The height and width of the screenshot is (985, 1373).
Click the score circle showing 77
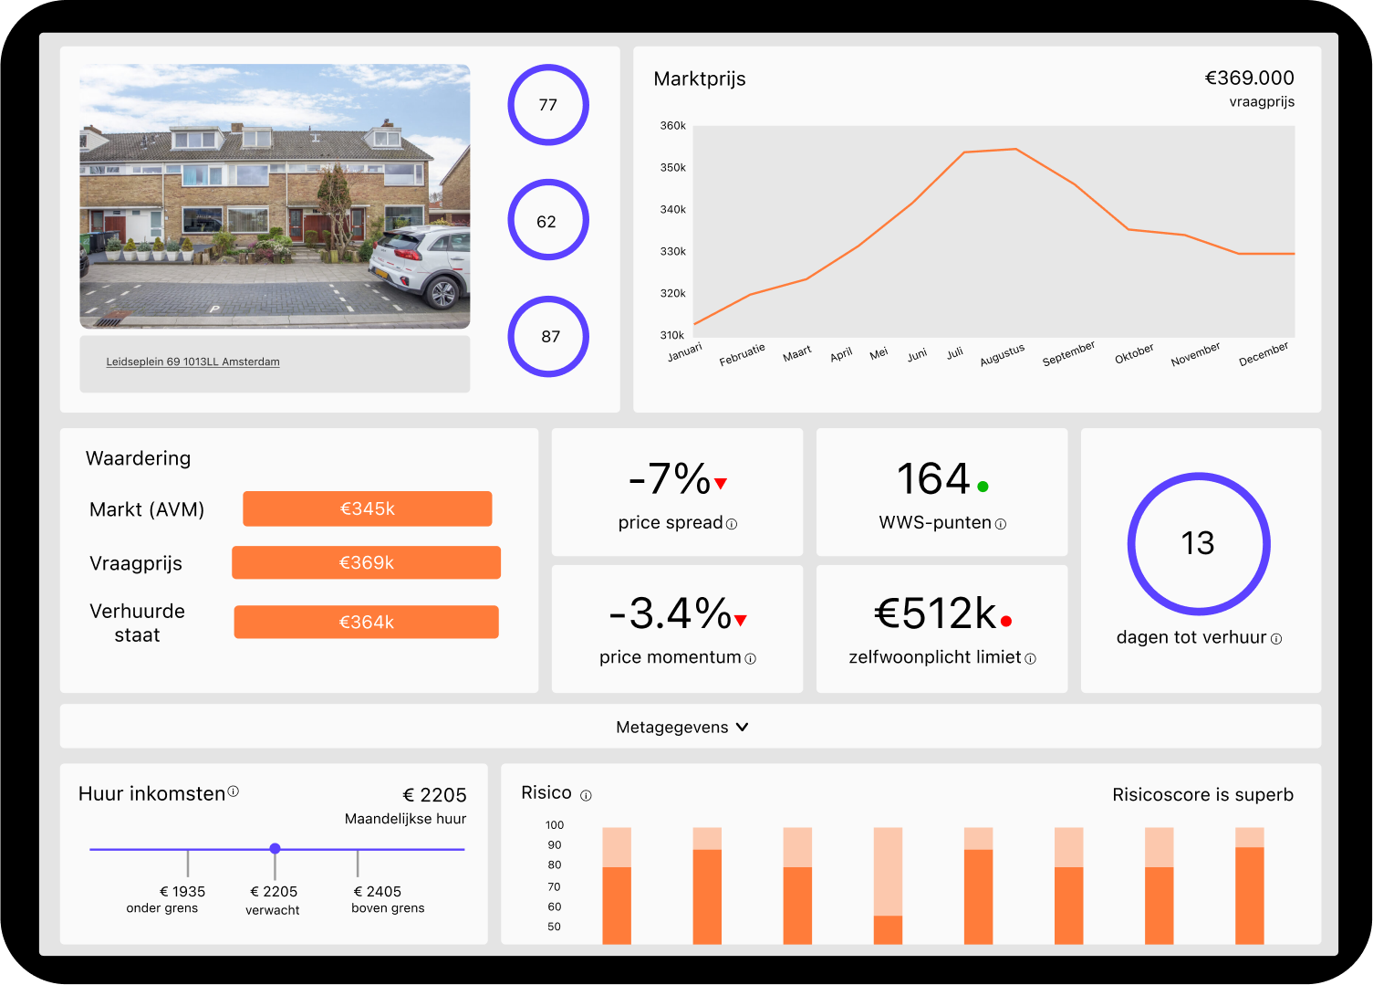pyautogui.click(x=547, y=105)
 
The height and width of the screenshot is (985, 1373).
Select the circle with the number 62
pyautogui.click(x=547, y=221)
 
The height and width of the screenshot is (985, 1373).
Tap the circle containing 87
pyautogui.click(x=547, y=337)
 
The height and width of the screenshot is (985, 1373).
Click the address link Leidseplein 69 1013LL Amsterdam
pyautogui.click(x=192, y=362)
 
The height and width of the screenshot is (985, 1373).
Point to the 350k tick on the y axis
pyautogui.click(x=672, y=168)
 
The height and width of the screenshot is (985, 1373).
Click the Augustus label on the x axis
pyautogui.click(x=1002, y=355)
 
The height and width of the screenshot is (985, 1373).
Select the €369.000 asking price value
pyautogui.click(x=1249, y=79)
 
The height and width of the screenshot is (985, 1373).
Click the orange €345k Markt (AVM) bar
pyautogui.click(x=367, y=508)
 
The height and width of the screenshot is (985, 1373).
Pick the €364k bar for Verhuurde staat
pyautogui.click(x=366, y=622)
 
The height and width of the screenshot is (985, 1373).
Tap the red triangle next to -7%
pyautogui.click(x=721, y=484)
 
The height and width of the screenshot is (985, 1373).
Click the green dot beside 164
pyautogui.click(x=983, y=487)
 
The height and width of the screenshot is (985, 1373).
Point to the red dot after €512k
pyautogui.click(x=1006, y=621)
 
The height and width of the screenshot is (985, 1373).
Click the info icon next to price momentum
pyautogui.click(x=750, y=659)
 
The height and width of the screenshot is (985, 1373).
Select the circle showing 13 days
pyautogui.click(x=1198, y=544)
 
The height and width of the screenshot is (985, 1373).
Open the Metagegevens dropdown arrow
pyautogui.click(x=742, y=728)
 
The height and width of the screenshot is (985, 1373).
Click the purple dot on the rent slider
pyautogui.click(x=275, y=849)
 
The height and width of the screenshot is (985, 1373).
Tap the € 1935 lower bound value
pyautogui.click(x=182, y=892)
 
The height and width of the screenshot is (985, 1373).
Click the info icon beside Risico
pyautogui.click(x=586, y=796)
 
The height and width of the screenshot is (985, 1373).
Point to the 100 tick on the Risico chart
pyautogui.click(x=555, y=825)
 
